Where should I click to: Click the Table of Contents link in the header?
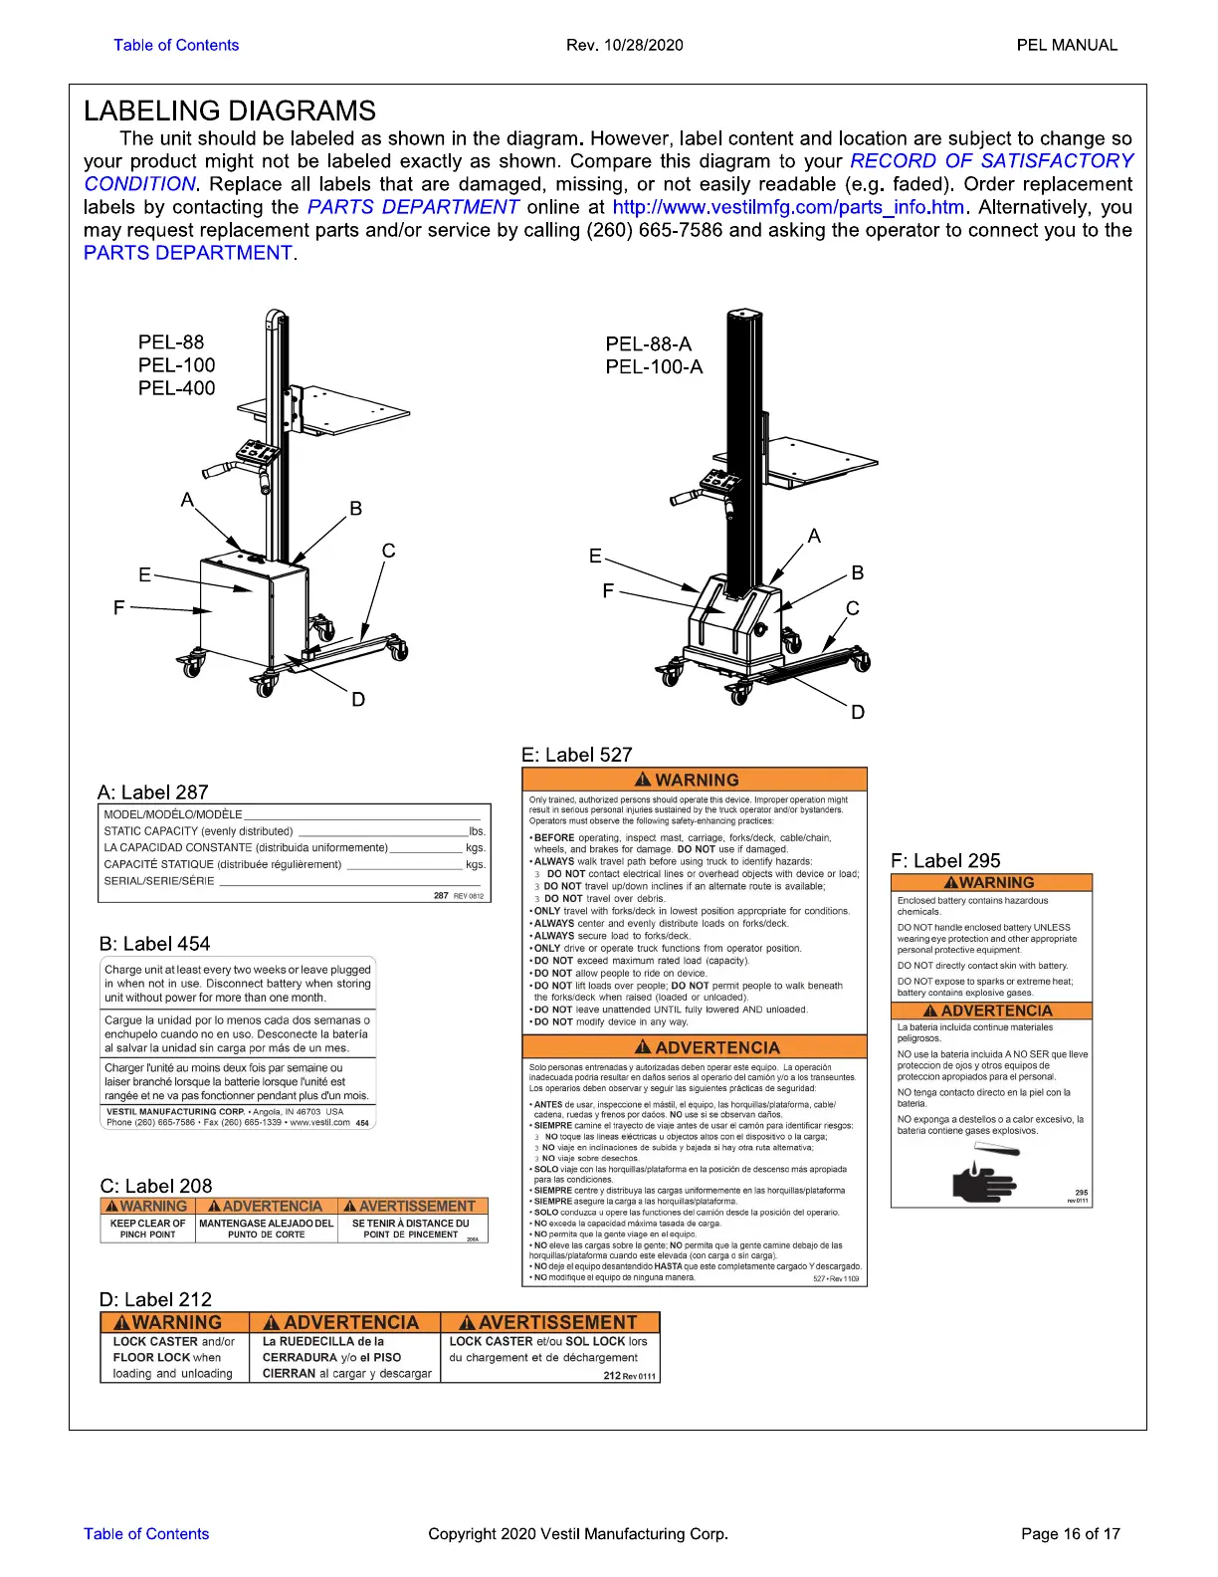coord(176,45)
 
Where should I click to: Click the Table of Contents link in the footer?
coord(146,1533)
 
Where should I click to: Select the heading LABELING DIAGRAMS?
coord(230,111)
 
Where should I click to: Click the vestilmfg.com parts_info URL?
coord(788,207)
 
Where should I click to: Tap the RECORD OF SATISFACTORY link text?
coord(991,161)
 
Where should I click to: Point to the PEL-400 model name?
coord(176,388)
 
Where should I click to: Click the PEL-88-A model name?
coord(648,344)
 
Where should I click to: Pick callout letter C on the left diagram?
coord(388,551)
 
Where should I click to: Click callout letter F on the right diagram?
coord(608,591)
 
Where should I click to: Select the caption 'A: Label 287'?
coord(153,792)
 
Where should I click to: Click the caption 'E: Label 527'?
coord(577,755)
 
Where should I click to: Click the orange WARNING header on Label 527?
coord(695,780)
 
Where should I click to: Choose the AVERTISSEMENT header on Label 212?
coord(549,1323)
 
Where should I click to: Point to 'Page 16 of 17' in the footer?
coord(1070,1533)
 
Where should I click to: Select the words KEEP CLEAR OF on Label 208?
coord(147,1224)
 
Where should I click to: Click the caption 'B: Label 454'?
coord(154,944)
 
